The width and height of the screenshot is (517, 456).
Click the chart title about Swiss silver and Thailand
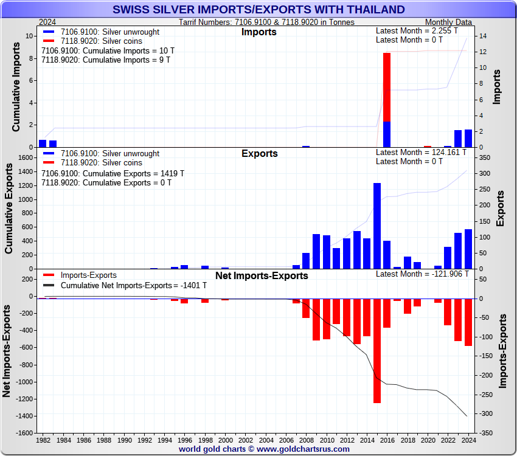pos(258,9)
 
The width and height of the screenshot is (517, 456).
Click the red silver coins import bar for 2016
pos(387,87)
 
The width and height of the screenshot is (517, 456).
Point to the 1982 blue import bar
pos(43,143)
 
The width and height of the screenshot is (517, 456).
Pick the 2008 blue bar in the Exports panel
pos(306,261)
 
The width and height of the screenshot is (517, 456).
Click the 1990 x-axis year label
pos(124,440)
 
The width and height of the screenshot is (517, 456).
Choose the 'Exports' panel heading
pos(259,154)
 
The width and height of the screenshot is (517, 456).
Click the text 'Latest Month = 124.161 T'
pos(422,152)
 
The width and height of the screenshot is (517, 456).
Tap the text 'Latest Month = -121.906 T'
pos(422,274)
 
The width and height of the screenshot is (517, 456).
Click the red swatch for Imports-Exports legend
pos(50,275)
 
